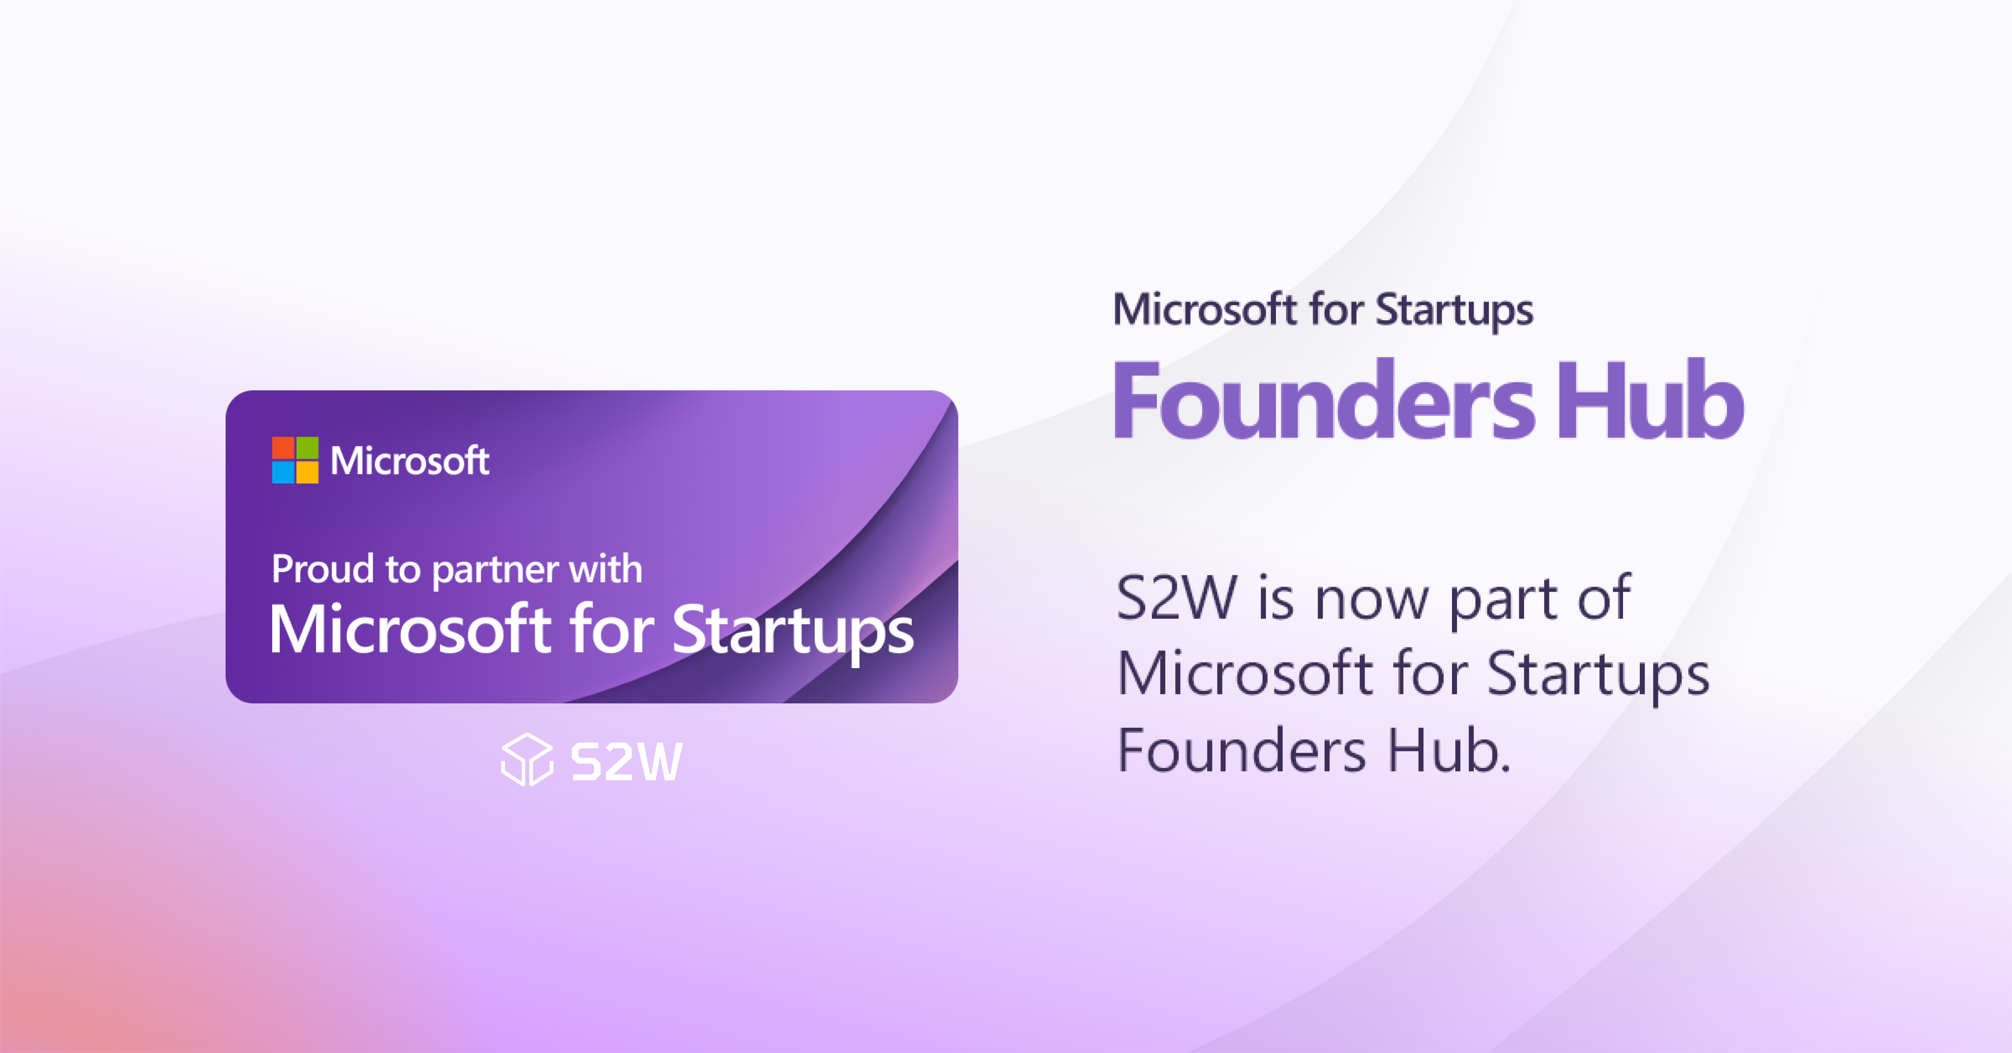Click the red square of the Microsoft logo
[x=283, y=448]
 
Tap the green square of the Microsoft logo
[x=308, y=448]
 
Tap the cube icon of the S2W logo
[x=527, y=759]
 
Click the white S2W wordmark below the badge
[x=626, y=762]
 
